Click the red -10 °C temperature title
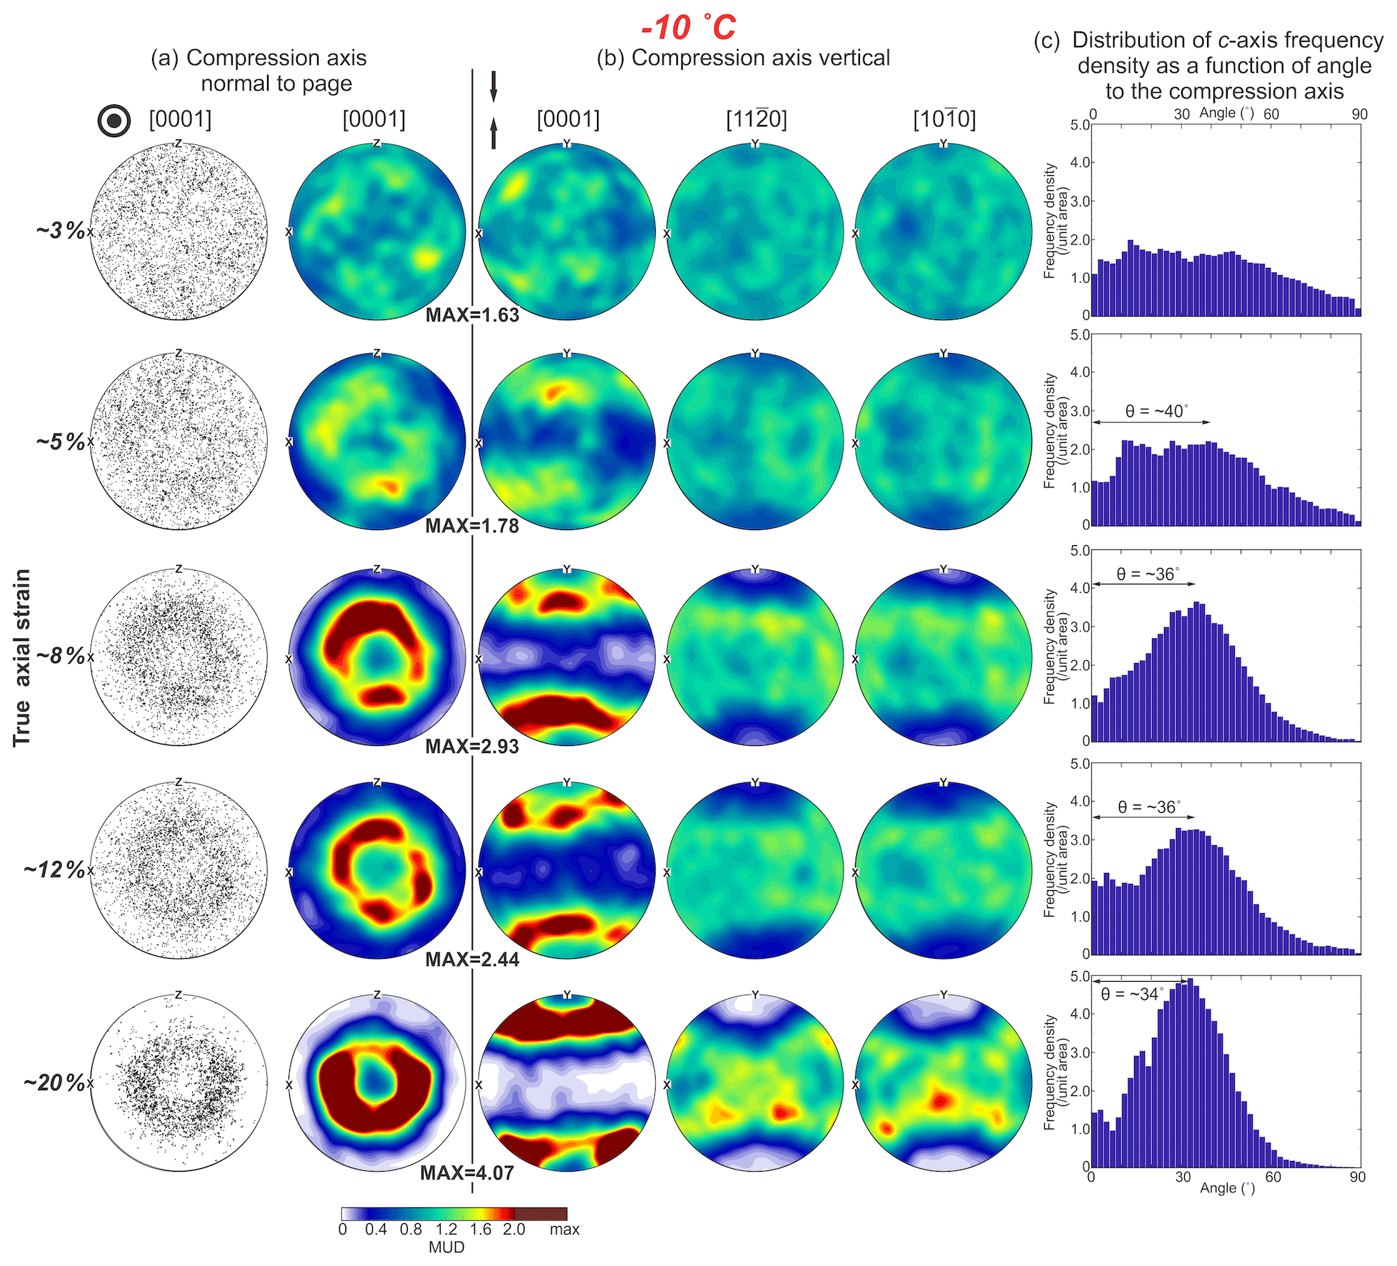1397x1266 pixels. (688, 27)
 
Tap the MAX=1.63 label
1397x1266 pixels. (472, 315)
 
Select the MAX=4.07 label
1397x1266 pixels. (466, 1173)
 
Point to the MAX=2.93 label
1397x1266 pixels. (472, 747)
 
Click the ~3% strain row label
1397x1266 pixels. (61, 230)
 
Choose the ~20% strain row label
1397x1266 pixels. (54, 1082)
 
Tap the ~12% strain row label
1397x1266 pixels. (54, 869)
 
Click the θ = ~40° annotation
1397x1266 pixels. (1157, 411)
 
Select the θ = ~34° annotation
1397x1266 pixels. (1132, 994)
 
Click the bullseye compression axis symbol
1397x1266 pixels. (114, 121)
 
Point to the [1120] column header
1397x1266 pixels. (756, 119)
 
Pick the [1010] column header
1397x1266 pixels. (944, 119)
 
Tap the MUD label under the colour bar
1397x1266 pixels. (446, 1247)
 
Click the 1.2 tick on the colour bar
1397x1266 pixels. (446, 1230)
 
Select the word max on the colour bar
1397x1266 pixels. (564, 1230)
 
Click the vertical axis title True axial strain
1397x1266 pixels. (21, 657)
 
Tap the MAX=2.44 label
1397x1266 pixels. (472, 960)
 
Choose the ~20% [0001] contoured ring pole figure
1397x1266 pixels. (377, 1083)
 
